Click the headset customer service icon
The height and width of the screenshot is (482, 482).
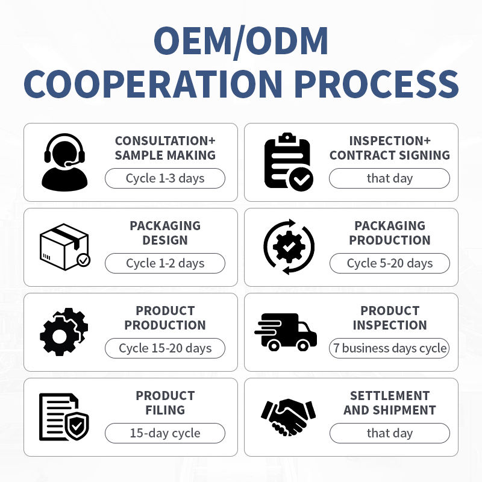coord(64,162)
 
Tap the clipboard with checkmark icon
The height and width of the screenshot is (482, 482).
coord(289,162)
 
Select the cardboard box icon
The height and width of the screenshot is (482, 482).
coord(65,247)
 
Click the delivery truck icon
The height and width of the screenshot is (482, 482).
coord(286,332)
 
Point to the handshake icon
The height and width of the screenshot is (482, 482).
coord(288,417)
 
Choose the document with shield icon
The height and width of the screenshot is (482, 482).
coord(64,417)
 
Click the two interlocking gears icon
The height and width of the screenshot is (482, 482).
coord(64,332)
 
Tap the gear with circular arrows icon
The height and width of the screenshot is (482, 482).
coord(289,247)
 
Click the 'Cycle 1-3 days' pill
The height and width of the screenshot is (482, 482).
coord(165,178)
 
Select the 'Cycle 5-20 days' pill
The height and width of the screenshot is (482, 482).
coord(390,263)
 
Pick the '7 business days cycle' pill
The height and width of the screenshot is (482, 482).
coord(390,348)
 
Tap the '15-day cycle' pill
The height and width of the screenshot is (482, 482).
coord(165,433)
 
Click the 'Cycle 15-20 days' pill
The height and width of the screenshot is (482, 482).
coord(165,348)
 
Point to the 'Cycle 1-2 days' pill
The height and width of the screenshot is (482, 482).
coord(165,263)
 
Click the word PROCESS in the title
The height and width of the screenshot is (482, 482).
coord(377,84)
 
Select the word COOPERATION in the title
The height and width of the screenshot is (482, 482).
coord(153,84)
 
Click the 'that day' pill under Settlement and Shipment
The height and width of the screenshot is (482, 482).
coord(390,433)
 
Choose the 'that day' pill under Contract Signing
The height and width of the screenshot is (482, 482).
coord(389,178)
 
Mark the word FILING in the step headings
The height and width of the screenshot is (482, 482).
coord(165,410)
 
